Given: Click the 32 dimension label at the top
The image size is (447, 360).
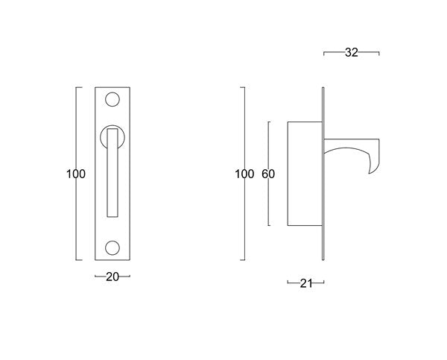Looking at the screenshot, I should coord(352,53).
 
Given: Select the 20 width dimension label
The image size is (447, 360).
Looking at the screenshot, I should coord(112,277).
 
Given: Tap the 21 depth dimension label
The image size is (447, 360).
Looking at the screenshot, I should coord(305,282).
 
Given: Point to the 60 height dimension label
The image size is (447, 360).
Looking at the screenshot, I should coord(269,174).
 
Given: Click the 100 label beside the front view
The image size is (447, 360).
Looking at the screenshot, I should coord(75,174).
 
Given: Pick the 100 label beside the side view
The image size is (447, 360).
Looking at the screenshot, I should coord(244,174).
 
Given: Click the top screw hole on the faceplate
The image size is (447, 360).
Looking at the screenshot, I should coord(113,99).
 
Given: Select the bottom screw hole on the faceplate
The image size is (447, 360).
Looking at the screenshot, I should coord(113,247).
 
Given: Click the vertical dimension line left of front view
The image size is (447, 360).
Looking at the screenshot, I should coord(77,224).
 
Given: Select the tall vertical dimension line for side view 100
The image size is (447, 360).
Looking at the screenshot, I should coord(245,224).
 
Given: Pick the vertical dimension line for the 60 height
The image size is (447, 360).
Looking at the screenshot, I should coord(269,209).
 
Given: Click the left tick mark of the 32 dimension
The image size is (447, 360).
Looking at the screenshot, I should coord(324,53).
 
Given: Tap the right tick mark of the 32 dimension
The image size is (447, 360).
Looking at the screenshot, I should coord(379,53).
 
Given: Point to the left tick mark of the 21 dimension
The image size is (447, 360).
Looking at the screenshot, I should coord(288,282).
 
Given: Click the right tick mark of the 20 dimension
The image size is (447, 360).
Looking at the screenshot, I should coord(130,277).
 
